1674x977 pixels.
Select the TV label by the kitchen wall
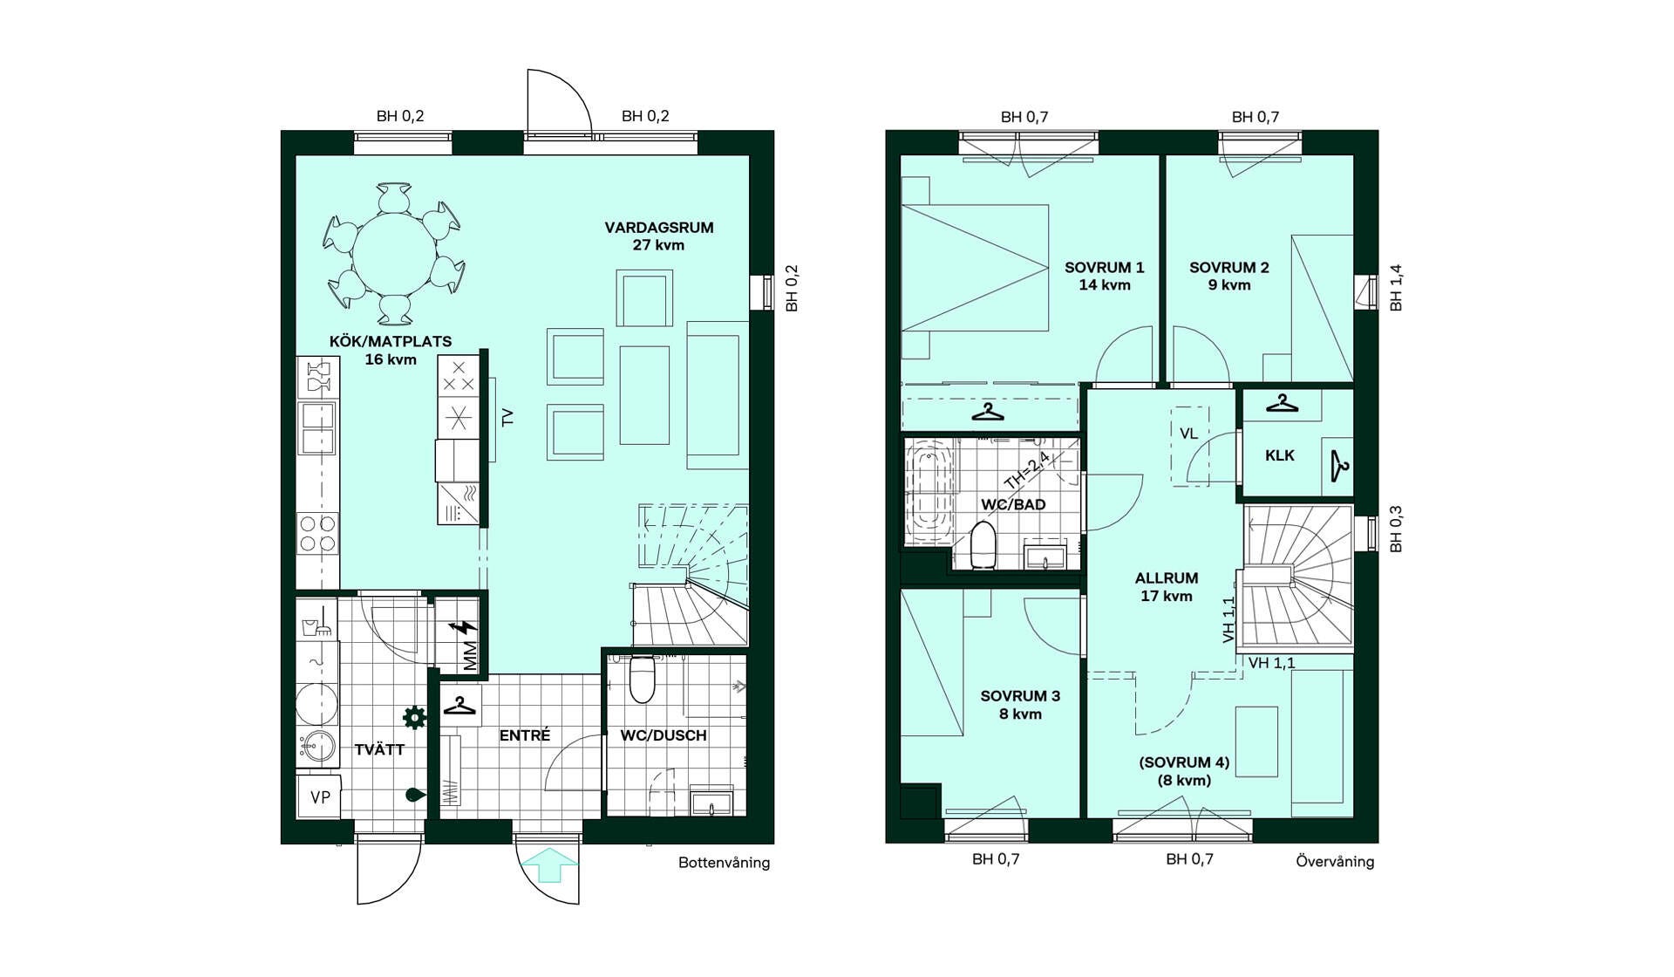click(508, 417)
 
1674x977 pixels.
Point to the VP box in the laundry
click(320, 797)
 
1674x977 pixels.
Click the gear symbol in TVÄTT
click(414, 717)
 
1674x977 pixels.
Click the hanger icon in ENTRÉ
click(459, 705)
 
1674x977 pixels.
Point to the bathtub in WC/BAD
click(929, 492)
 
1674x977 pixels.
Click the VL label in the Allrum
click(1188, 434)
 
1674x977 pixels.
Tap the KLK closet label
click(1279, 455)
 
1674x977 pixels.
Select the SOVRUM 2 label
click(1228, 268)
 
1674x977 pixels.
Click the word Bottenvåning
click(724, 863)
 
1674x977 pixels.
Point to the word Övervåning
click(1335, 862)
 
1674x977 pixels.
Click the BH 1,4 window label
click(1396, 288)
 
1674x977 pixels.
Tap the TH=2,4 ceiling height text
click(1028, 472)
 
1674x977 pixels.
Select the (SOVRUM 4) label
click(1184, 762)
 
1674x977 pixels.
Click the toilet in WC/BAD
click(983, 544)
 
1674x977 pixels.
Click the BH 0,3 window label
click(1396, 529)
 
